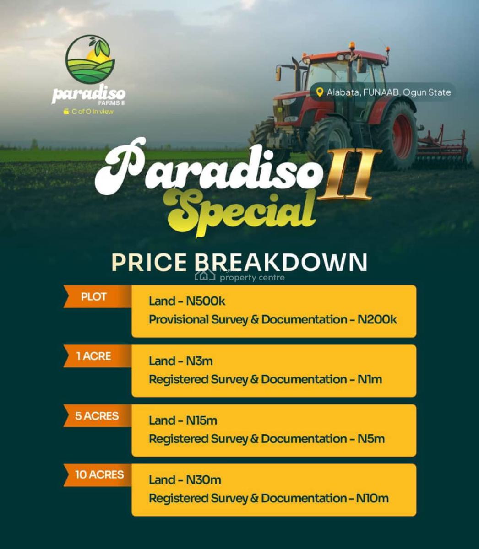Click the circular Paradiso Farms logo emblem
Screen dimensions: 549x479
click(x=90, y=59)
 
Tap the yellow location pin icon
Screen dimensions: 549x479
click(x=320, y=92)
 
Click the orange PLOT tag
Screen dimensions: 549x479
click(x=94, y=296)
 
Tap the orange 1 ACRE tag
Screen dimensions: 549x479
click(x=94, y=356)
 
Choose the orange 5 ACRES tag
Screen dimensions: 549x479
click(x=97, y=416)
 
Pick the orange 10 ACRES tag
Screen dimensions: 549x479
click(x=99, y=474)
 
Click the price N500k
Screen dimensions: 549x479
click(x=206, y=301)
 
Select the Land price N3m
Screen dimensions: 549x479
click(x=199, y=361)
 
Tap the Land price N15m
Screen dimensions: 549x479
click(x=201, y=420)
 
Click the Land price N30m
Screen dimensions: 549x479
click(x=203, y=480)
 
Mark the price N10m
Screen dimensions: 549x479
click(x=372, y=498)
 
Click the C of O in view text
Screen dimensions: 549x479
click(x=92, y=112)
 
